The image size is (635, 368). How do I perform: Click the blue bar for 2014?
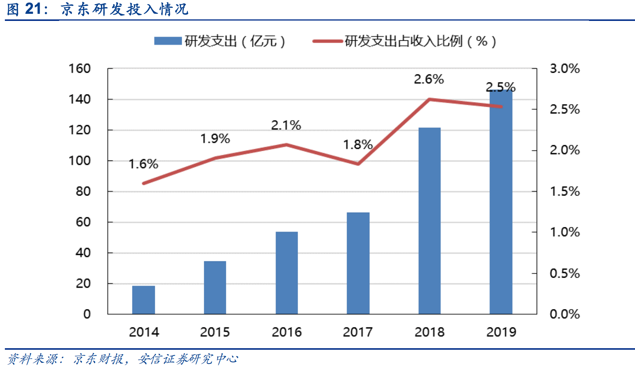click(144, 300)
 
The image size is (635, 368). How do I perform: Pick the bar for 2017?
click(358, 263)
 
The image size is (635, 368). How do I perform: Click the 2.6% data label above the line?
click(429, 79)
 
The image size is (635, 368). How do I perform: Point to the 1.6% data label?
click(144, 164)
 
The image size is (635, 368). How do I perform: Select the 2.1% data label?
click(286, 125)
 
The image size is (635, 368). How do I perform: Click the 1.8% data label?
click(358, 144)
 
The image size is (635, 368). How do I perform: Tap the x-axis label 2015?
click(215, 332)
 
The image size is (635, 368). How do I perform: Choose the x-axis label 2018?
click(429, 332)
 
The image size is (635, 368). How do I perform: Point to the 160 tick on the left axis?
click(80, 69)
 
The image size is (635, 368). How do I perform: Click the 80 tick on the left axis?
click(83, 191)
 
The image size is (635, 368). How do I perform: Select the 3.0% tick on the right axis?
click(565, 69)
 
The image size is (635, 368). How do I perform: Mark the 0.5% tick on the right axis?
click(565, 273)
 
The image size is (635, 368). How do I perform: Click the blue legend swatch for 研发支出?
click(168, 41)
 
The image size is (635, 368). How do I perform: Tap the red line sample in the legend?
click(328, 41)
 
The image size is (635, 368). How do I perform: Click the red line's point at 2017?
click(358, 163)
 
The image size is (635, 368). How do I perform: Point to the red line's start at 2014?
click(144, 183)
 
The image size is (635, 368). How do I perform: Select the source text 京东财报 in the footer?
click(98, 359)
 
